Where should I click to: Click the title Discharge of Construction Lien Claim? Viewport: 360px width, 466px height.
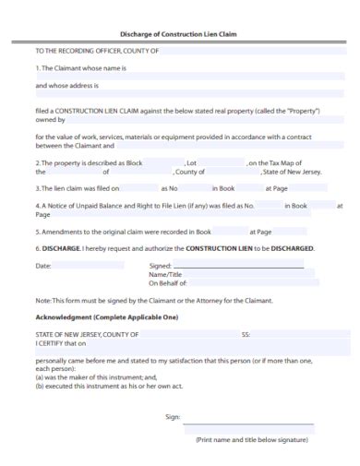[x=179, y=34]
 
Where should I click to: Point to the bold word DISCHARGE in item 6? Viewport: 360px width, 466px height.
[x=61, y=248]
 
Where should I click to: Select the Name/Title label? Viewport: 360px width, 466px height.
[x=165, y=275]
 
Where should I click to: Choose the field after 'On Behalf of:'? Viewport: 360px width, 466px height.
[x=244, y=283]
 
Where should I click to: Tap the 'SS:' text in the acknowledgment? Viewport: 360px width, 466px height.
[x=246, y=334]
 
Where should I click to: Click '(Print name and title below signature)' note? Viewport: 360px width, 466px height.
[x=251, y=441]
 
